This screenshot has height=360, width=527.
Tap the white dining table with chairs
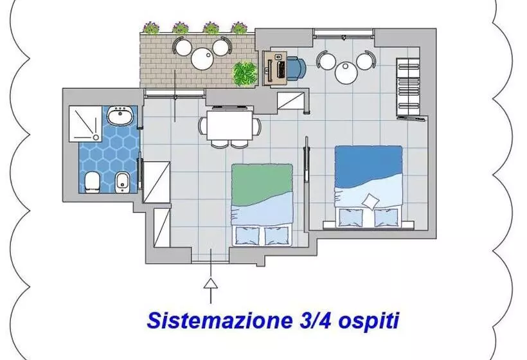pyautogui.click(x=229, y=125)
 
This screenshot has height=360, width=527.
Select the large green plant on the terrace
pyautogui.click(x=244, y=73)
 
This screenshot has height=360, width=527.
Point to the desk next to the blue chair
pyautogui.click(x=278, y=67)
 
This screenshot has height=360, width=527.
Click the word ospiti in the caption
pyautogui.click(x=366, y=319)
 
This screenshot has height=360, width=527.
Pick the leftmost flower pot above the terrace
pyautogui.click(x=151, y=28)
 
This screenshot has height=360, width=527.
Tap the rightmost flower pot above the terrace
pyautogui.click(x=239, y=28)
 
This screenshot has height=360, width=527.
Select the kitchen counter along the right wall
pyautogui.click(x=409, y=88)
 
